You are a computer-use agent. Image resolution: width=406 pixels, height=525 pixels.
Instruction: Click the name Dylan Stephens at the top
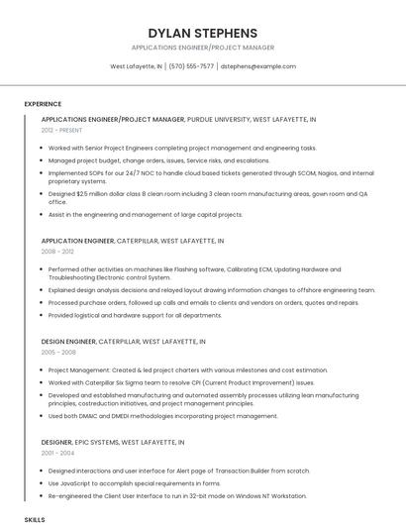pyautogui.click(x=202, y=33)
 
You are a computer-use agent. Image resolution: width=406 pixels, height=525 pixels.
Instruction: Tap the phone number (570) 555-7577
pyautogui.click(x=191, y=66)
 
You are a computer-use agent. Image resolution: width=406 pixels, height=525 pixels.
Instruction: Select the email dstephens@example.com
pyautogui.click(x=257, y=66)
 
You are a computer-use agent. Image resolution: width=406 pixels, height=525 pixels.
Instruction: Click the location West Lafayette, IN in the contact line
pyautogui.click(x=136, y=66)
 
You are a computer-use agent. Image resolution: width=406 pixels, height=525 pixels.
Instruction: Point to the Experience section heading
pyautogui.click(x=43, y=103)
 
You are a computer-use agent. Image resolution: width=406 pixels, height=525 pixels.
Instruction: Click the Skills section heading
pyautogui.click(x=35, y=519)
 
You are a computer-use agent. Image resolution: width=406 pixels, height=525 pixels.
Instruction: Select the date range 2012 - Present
pyautogui.click(x=61, y=130)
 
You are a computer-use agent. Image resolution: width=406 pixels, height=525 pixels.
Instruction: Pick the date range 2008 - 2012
pyautogui.click(x=57, y=252)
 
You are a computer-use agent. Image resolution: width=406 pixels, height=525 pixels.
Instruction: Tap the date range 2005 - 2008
pyautogui.click(x=57, y=352)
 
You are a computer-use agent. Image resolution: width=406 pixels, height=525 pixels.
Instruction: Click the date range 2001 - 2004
pyautogui.click(x=57, y=453)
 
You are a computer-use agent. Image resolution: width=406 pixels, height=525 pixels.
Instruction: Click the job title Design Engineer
pyautogui.click(x=69, y=341)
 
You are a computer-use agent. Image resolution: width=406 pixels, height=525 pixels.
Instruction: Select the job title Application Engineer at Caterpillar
pyautogui.click(x=78, y=241)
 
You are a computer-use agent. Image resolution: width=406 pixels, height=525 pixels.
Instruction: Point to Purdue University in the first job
pyautogui.click(x=218, y=119)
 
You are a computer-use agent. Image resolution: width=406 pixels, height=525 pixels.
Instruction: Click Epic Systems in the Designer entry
pyautogui.click(x=96, y=442)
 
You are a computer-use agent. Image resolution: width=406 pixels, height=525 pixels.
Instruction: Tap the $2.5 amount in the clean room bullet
pyautogui.click(x=83, y=194)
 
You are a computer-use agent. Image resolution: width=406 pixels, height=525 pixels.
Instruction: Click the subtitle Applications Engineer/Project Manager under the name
pyautogui.click(x=202, y=48)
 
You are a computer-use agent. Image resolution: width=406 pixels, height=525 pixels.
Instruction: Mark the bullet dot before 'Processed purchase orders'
pyautogui.click(x=43, y=303)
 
